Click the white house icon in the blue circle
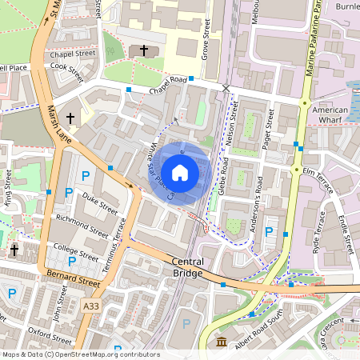click(180, 172)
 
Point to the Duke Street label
click(100, 200)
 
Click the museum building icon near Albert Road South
click(221, 342)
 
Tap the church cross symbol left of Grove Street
click(144, 50)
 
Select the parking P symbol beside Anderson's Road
click(269, 232)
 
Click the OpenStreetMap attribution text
click(80, 354)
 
